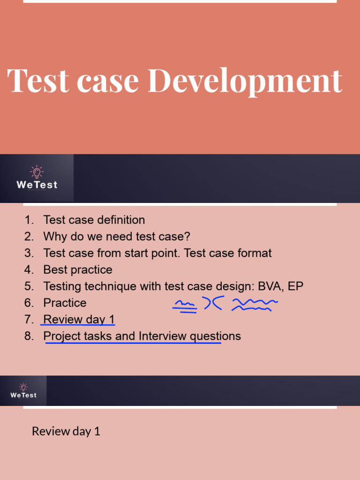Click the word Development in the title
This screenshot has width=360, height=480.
(x=245, y=81)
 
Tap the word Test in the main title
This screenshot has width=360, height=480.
(x=38, y=80)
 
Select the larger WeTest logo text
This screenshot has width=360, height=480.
(x=37, y=185)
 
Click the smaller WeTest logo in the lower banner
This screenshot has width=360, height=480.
(x=23, y=391)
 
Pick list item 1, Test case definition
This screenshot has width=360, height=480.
(x=94, y=220)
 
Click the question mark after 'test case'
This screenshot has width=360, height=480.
(x=187, y=236)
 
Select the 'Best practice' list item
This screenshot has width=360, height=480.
(x=78, y=270)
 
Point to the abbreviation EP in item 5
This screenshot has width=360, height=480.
(x=295, y=286)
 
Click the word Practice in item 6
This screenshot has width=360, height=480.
(x=65, y=303)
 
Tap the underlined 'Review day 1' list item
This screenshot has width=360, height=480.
(x=79, y=319)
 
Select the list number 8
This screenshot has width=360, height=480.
(x=29, y=336)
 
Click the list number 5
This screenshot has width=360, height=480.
(x=29, y=286)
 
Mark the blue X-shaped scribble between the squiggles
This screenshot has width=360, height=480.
(x=213, y=303)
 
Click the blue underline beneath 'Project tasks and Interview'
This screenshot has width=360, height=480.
(x=133, y=343)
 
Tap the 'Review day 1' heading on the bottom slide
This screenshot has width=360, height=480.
(x=66, y=431)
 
